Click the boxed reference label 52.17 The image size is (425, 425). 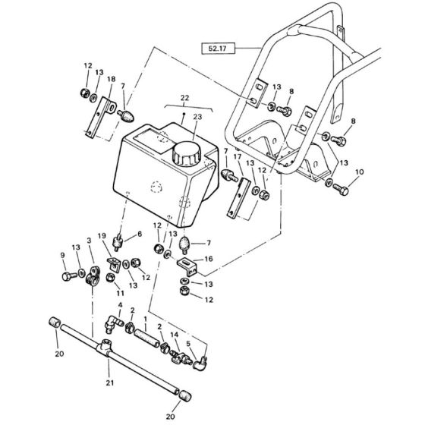(x=218, y=49)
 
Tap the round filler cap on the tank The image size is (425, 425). (x=187, y=153)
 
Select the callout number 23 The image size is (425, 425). (x=197, y=117)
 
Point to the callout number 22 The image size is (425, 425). (x=184, y=98)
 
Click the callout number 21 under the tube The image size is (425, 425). (x=110, y=382)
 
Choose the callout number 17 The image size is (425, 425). (x=237, y=156)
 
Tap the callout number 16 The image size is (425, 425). (x=209, y=259)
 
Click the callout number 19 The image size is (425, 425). (x=102, y=236)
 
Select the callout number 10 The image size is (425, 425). (x=359, y=172)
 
